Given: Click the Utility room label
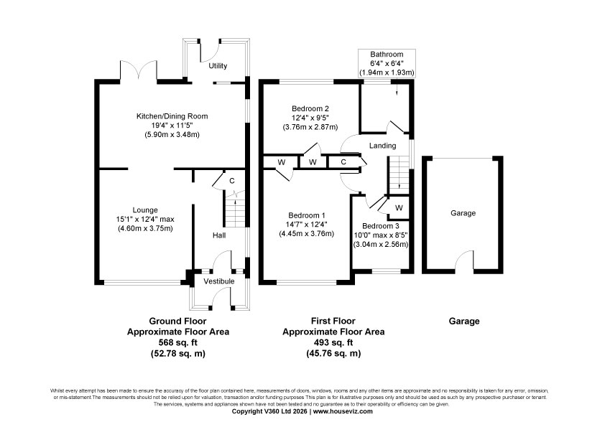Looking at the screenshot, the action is (218, 66).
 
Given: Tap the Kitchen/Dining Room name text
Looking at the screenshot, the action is (172, 116).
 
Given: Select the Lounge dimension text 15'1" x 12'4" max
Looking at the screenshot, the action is (145, 220).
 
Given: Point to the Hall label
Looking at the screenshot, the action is (219, 235).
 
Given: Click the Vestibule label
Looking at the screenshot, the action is (219, 281).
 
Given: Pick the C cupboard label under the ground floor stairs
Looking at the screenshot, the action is (232, 181).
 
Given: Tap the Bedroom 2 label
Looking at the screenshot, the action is (310, 108).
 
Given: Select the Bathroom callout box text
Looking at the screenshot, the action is (387, 63).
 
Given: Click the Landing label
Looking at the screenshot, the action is (382, 145).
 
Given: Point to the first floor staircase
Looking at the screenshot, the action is (399, 174).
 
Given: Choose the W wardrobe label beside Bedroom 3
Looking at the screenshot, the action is (399, 208).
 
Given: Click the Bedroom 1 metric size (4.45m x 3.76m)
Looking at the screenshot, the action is (306, 233).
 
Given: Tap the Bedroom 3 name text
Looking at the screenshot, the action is (380, 226).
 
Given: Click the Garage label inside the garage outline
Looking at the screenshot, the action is (463, 212).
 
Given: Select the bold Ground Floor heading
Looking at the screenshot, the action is (178, 321).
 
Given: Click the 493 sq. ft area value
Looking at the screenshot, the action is (333, 342).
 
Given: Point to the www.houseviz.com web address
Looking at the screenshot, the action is (343, 411).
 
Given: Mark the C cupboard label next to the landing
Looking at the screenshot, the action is (343, 162).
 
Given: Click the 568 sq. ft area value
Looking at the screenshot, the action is (178, 342).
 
